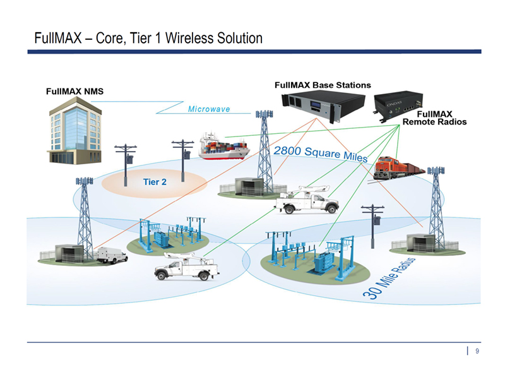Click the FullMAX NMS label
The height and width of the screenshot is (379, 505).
[x=74, y=91]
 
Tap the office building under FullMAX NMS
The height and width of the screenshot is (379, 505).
[x=74, y=133]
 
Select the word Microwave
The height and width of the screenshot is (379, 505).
[x=209, y=109]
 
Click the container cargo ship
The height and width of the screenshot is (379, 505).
[x=223, y=147]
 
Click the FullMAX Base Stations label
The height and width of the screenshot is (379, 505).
[x=323, y=85]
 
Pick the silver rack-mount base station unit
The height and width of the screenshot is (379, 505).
[x=324, y=104]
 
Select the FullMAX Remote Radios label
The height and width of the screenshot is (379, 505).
[x=434, y=117]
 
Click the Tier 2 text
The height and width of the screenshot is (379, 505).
[x=155, y=182]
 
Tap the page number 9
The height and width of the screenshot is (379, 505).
[x=477, y=351]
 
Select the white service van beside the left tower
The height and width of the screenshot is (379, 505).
[x=112, y=255]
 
